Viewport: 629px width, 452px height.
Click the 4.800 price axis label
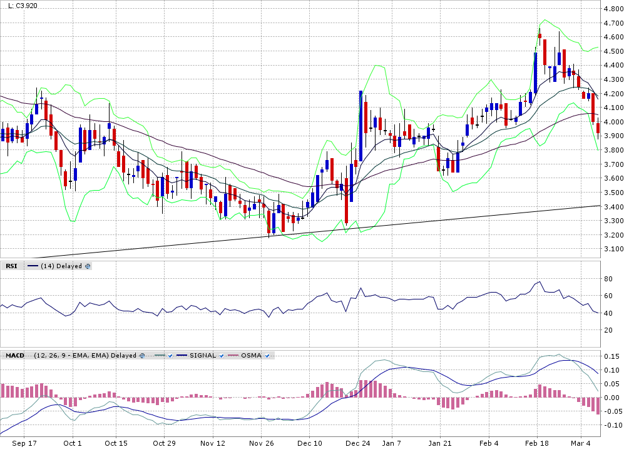(614, 9)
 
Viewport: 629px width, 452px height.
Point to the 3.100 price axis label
(614, 249)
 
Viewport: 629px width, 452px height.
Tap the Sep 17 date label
(25, 443)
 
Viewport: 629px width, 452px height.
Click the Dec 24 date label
(357, 443)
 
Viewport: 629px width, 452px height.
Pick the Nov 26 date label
(262, 443)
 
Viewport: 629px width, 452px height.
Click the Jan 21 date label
(439, 443)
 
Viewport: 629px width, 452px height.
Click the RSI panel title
(11, 266)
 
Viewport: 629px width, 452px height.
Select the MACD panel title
(14, 355)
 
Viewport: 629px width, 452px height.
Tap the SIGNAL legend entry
(201, 355)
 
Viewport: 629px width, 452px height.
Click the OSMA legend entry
(249, 355)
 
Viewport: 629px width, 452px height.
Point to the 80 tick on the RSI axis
(608, 278)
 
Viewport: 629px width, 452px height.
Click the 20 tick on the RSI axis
(608, 330)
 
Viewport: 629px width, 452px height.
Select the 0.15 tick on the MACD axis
(612, 356)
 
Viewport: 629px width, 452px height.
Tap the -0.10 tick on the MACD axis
(611, 425)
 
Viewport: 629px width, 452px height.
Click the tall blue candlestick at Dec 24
(361, 119)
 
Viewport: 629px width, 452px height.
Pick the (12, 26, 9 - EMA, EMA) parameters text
(85, 355)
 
